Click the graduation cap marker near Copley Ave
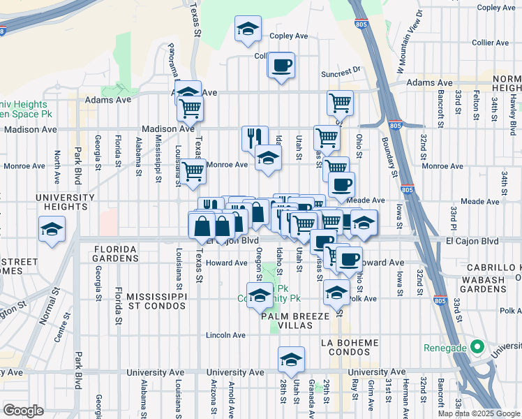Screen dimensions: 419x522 pos(248,29)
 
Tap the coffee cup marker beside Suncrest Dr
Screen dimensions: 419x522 pos(281,66)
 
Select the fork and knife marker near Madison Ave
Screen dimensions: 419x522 pos(255,137)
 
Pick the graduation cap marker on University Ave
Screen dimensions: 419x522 pos(291,360)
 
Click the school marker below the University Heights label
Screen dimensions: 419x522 pos(52,230)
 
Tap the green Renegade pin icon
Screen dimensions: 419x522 pos(477,346)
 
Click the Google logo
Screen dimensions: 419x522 pos(23,411)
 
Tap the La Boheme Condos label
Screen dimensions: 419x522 pos(350,348)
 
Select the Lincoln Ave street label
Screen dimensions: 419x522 pos(225,335)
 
